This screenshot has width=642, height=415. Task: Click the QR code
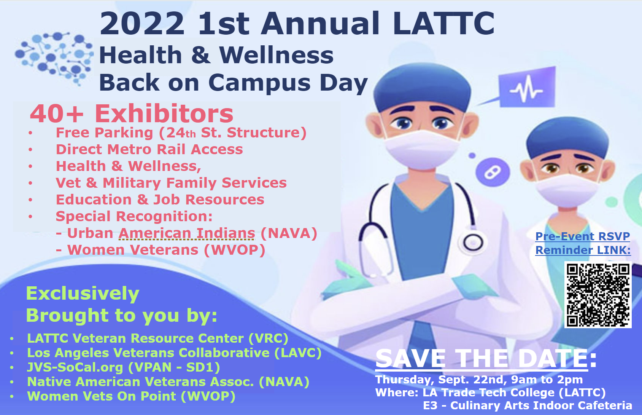[x=598, y=295]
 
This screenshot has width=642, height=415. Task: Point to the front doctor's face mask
[x=421, y=149]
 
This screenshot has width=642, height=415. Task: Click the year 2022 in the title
[x=142, y=24]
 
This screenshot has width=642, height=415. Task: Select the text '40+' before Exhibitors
[x=57, y=114]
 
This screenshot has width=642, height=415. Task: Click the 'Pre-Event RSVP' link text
[x=583, y=236]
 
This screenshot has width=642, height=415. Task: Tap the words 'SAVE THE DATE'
[x=481, y=359]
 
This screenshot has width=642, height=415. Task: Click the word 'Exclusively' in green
[x=83, y=294]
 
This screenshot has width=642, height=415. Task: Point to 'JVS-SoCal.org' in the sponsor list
[x=75, y=367]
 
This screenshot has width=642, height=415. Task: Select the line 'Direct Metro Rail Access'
[x=149, y=149]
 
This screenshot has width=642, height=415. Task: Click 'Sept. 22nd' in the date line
[x=473, y=380]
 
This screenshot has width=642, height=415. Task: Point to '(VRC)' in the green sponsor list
[x=269, y=338]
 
